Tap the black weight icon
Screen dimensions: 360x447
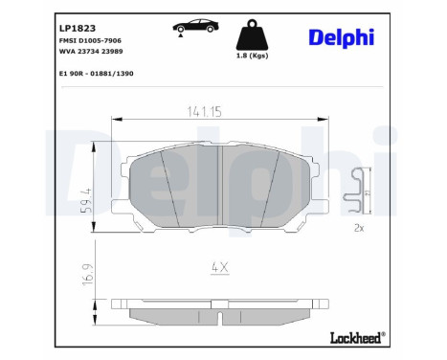pos(251,36)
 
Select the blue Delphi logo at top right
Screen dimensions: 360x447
pos(342,36)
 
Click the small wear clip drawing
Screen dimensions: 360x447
pos(359,190)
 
